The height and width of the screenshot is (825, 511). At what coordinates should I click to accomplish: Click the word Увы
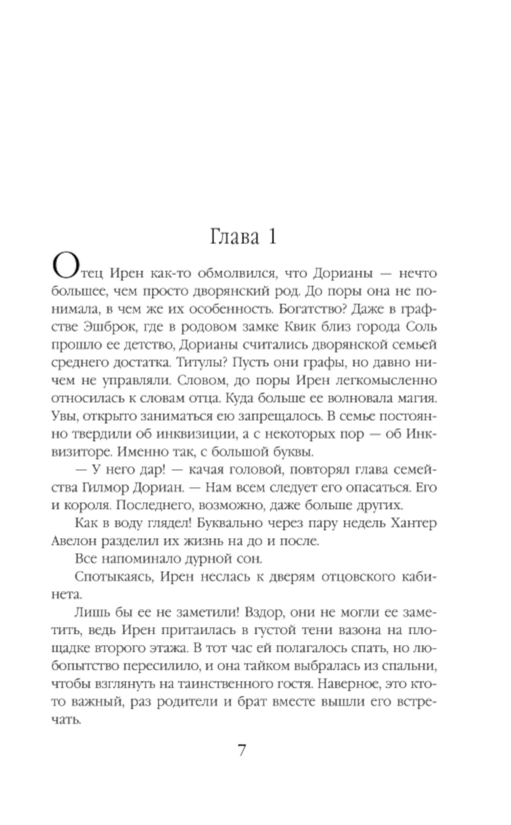click(x=63, y=417)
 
